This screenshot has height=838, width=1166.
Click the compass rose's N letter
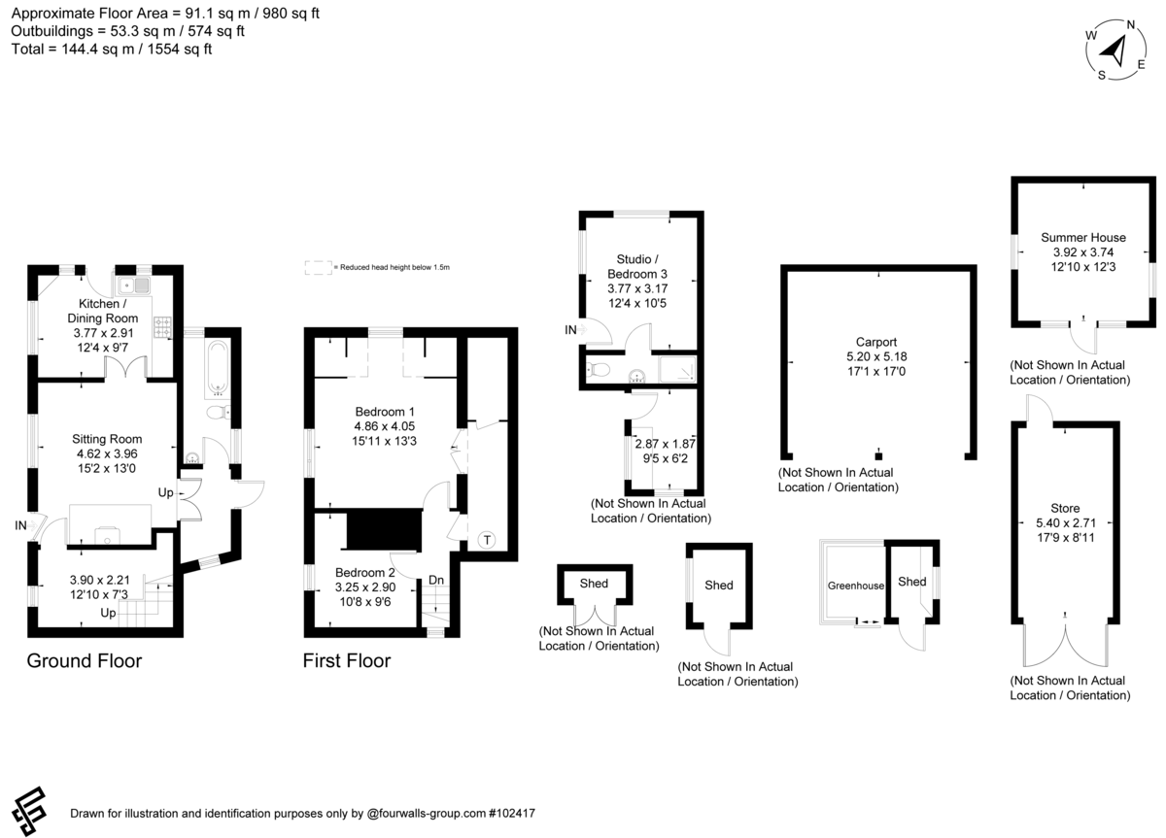point(1131,24)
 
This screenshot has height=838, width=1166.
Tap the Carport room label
point(876,342)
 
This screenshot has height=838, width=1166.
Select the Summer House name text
point(1083,238)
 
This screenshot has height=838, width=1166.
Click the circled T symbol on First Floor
point(487,540)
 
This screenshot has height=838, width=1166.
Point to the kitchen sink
point(134,285)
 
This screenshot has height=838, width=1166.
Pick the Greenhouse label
point(856,586)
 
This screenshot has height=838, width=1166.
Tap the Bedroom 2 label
point(365,573)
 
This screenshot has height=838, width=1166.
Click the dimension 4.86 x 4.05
point(384,426)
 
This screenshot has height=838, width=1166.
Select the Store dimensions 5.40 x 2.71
point(1066,522)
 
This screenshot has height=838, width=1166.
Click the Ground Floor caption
point(85,660)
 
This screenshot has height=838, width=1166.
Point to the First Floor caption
point(347,660)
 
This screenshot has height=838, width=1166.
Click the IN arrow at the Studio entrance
point(582,330)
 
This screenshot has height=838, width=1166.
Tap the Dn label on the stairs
point(436,580)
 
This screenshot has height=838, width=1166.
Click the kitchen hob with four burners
point(162,326)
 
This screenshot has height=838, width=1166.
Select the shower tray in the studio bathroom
point(677,369)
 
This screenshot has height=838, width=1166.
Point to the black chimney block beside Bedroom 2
point(384,529)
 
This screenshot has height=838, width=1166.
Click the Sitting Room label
point(107,439)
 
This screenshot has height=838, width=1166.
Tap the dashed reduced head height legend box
point(318,267)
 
